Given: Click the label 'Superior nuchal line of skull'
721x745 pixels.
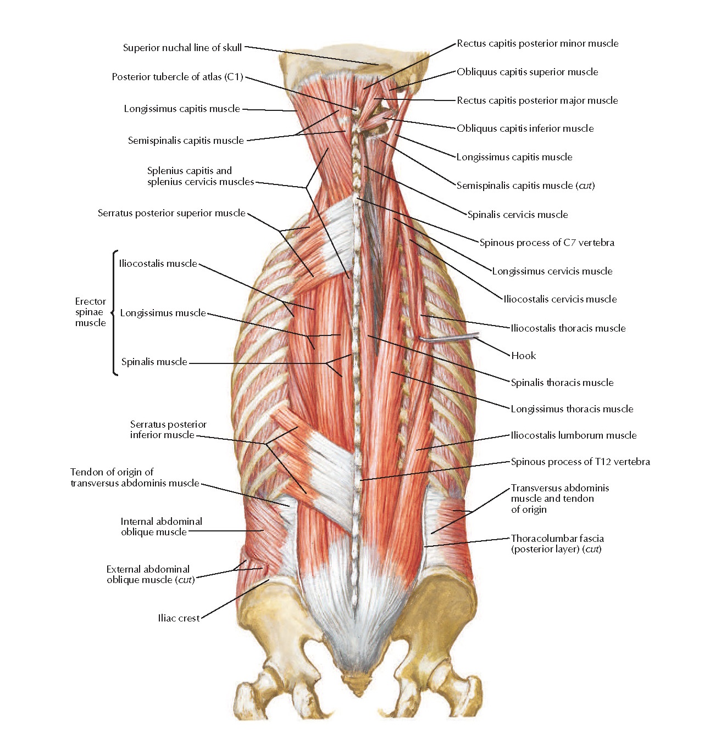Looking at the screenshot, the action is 182,48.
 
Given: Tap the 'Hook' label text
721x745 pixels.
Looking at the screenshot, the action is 523,356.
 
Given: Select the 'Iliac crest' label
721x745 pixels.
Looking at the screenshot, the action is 179,618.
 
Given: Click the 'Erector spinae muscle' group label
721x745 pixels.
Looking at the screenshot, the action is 90,312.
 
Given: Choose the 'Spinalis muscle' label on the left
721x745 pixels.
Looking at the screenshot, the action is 154,362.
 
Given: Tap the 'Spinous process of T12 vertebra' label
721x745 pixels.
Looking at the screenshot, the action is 580,462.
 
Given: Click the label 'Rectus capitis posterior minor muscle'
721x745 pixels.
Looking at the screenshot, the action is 537,43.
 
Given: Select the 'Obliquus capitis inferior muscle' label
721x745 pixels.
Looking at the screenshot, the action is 525,128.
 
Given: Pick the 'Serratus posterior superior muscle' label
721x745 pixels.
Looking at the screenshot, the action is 171,213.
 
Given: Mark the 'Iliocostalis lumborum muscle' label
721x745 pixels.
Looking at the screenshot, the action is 574,435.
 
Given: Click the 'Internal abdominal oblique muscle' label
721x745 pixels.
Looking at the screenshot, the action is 161,526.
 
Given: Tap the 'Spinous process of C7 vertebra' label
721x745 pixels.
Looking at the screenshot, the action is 547,243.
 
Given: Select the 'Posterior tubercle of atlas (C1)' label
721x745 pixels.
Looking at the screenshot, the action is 177,77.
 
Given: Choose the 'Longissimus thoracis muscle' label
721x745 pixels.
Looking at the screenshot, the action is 572,409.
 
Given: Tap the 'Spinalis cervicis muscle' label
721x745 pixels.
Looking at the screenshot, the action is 517,215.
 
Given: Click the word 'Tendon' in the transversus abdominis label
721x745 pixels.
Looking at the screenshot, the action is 86,472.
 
